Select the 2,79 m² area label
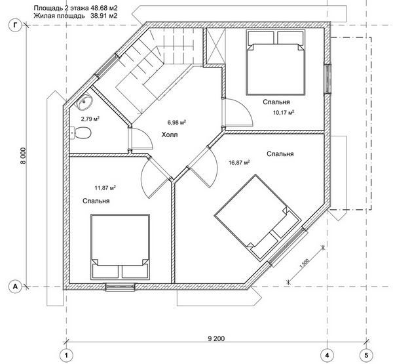coord(90,119)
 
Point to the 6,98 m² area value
coord(177,123)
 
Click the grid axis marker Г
coord(14,26)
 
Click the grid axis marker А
coord(14,287)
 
